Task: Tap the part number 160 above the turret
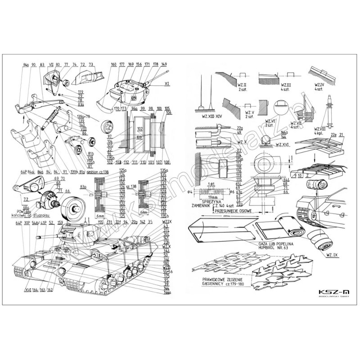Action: [113, 64]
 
